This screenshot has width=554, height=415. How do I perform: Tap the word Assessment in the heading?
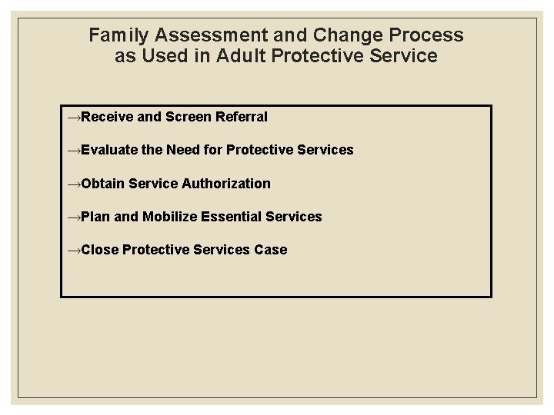pyautogui.click(x=194, y=35)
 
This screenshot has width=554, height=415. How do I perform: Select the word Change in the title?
pyautogui.click(x=326, y=35)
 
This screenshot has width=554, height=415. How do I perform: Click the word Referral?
pyautogui.click(x=242, y=117)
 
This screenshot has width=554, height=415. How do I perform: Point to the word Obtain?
pyautogui.click(x=103, y=183)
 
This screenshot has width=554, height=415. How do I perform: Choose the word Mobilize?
pyautogui.click(x=169, y=217)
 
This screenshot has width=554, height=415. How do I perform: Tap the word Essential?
pyautogui.click(x=232, y=217)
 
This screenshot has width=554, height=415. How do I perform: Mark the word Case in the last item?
pyautogui.click(x=270, y=250)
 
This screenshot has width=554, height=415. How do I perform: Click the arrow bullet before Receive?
pyautogui.click(x=74, y=118)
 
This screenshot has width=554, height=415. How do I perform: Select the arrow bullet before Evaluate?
pyautogui.click(x=74, y=151)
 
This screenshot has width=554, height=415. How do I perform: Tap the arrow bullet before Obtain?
pyautogui.click(x=74, y=184)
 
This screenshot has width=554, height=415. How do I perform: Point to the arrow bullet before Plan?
pyautogui.click(x=74, y=217)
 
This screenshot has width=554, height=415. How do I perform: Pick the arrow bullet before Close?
pyautogui.click(x=74, y=251)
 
